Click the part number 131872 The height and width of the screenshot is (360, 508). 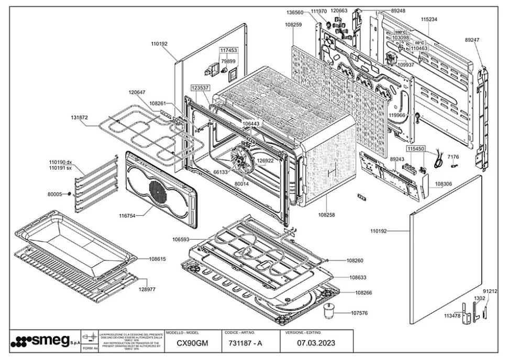[x=80, y=117]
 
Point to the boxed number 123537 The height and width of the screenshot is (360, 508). [x=200, y=88]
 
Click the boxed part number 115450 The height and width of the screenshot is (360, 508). [x=416, y=149]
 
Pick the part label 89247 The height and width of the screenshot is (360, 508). [x=472, y=40]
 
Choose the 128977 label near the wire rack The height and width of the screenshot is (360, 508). [x=147, y=289]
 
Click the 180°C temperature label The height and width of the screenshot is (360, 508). [x=401, y=32]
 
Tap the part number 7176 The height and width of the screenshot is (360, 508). [x=453, y=157]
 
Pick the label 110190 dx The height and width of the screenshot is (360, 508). [x=61, y=162]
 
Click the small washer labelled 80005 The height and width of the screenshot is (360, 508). [x=69, y=194]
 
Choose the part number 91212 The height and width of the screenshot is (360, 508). [x=490, y=291]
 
